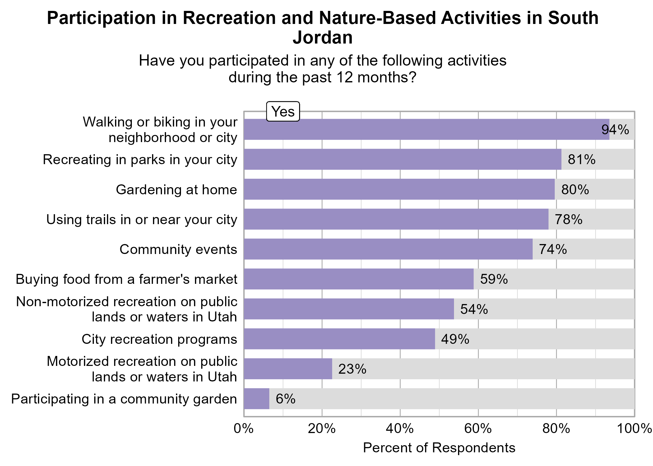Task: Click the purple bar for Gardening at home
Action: [x=399, y=189]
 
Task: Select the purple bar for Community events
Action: [x=388, y=249]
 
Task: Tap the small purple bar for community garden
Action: [x=257, y=399]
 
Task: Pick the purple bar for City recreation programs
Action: [x=339, y=339]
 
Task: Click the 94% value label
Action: [x=615, y=130]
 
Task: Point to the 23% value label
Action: [x=352, y=369]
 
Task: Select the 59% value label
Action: [x=494, y=279]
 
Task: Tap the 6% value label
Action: [x=285, y=399]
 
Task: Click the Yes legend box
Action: [x=283, y=112]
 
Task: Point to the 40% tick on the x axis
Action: [x=400, y=429]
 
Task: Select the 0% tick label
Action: [x=244, y=429]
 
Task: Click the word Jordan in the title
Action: [x=322, y=38]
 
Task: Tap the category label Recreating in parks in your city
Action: [x=140, y=159]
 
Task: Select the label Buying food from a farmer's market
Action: [x=126, y=279]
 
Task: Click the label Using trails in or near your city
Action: [x=141, y=219]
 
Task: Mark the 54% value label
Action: [x=474, y=309]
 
